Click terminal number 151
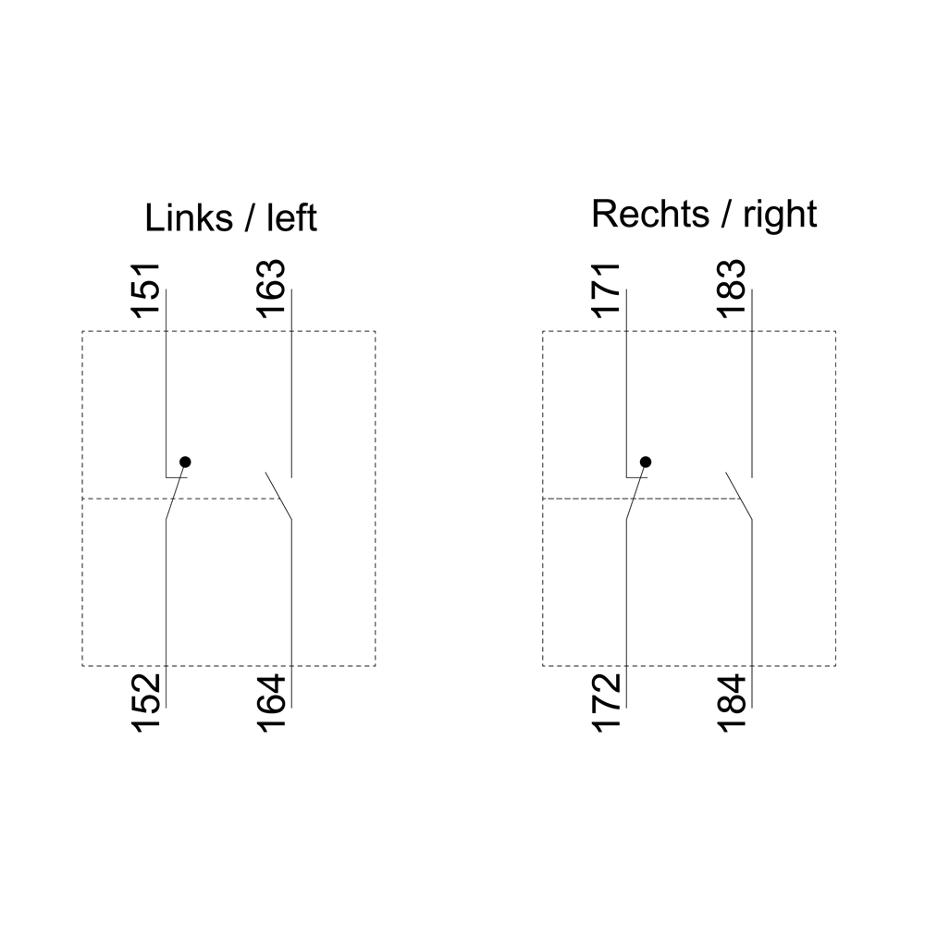click(146, 290)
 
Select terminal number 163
click(272, 289)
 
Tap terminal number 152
click(146, 703)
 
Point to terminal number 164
click(272, 703)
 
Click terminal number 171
click(606, 290)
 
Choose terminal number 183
click(732, 289)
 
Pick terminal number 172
click(606, 703)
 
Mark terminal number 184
click(732, 703)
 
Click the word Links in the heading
click(189, 217)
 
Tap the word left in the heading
click(292, 217)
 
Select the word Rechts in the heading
click(650, 214)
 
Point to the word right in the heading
click(780, 215)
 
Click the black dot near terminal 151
click(185, 462)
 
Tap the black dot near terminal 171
click(646, 462)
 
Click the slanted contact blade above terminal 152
click(175, 491)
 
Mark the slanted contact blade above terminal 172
click(635, 491)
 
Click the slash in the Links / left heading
click(250, 217)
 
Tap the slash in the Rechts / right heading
click(726, 214)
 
